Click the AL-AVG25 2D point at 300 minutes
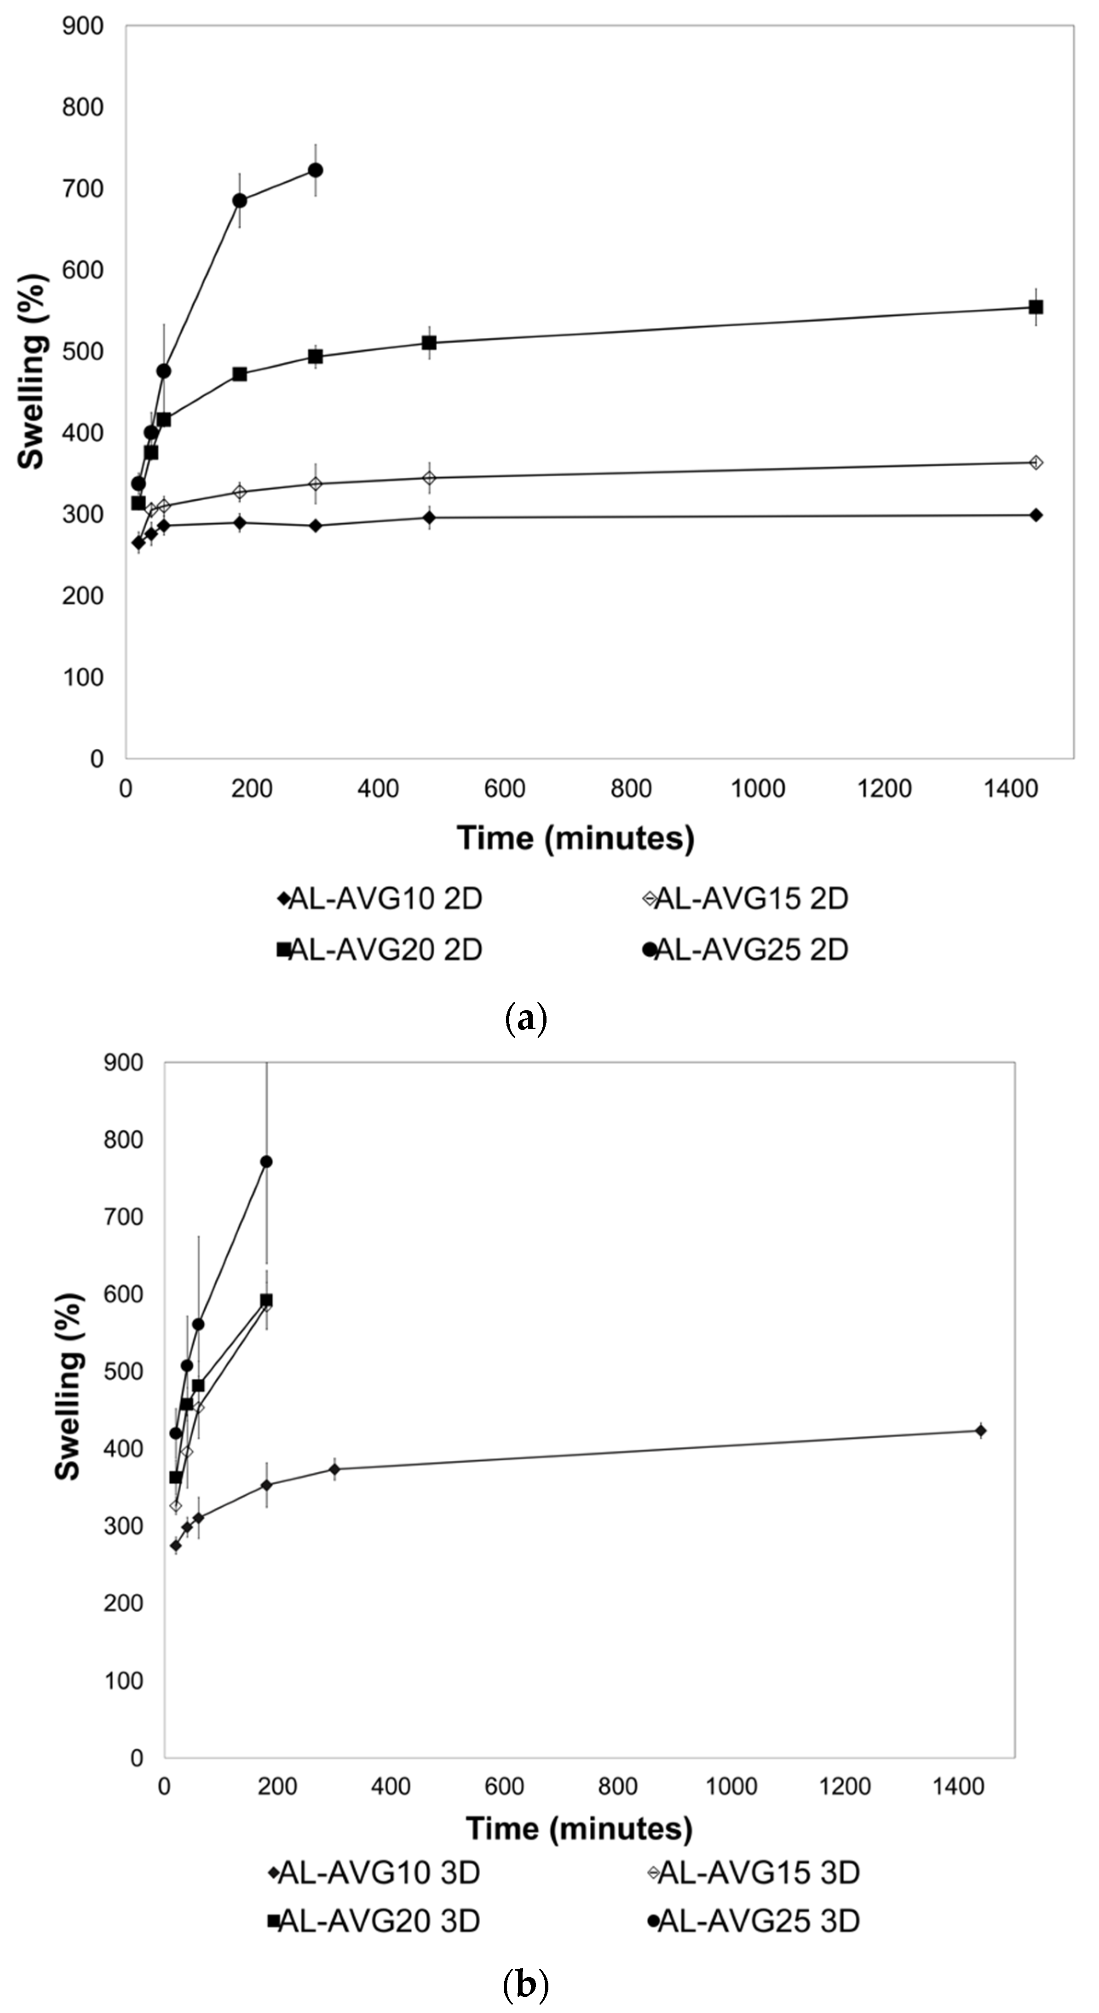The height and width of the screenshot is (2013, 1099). pos(316,170)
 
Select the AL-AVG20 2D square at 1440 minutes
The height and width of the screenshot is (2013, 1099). pos(1036,307)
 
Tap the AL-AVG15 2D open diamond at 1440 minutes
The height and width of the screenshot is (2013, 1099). pos(1036,463)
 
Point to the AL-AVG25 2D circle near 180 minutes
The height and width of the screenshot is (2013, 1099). pos(240,201)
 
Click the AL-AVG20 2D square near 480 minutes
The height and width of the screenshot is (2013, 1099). pos(429,343)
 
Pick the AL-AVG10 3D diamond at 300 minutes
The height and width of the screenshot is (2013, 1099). pos(334,1469)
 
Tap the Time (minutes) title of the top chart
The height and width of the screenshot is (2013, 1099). pos(575,838)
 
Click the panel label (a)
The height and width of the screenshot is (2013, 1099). pos(526,1019)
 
